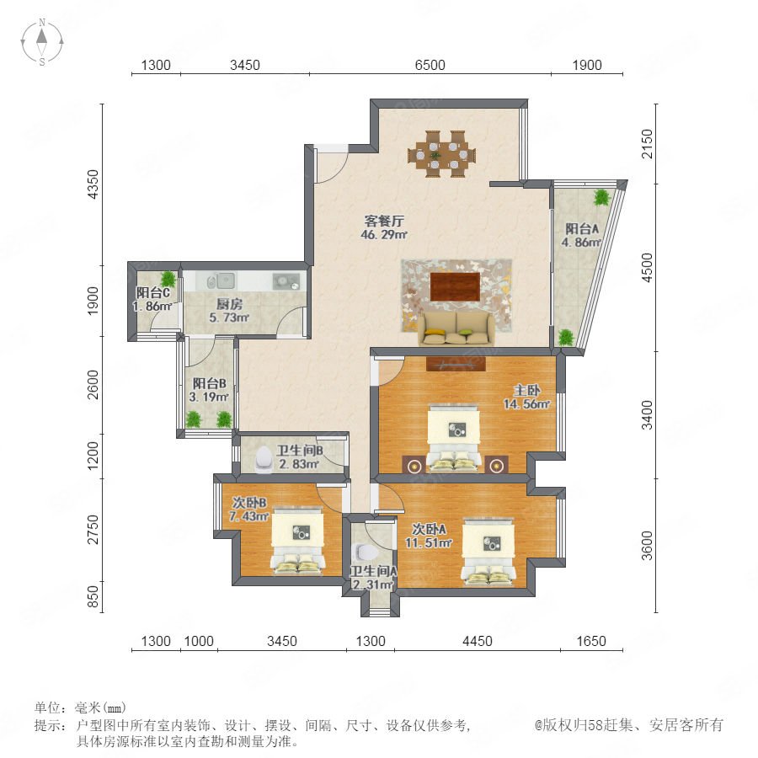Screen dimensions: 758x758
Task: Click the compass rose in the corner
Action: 42,41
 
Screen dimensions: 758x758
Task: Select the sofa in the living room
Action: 456,328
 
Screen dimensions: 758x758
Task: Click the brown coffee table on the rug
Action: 455,286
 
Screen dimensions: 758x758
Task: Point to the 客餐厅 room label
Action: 384,222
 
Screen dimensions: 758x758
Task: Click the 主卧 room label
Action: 526,390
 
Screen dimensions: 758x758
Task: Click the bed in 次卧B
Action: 297,541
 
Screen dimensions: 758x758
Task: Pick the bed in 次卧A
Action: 488,551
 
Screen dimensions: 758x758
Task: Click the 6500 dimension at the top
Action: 430,65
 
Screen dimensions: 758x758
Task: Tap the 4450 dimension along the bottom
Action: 478,641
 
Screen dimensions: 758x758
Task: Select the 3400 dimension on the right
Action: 647,414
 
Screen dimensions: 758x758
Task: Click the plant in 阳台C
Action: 168,279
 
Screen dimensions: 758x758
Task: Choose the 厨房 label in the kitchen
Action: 229,304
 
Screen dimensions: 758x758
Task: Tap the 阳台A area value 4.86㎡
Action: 581,243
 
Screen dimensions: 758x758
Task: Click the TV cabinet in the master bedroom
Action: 456,364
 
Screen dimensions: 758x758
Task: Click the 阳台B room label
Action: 210,383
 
